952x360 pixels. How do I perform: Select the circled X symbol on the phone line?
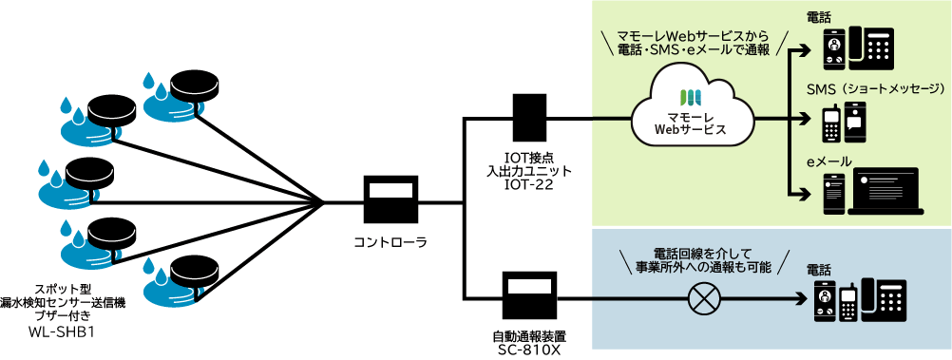[704, 300]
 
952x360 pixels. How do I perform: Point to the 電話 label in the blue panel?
[820, 269]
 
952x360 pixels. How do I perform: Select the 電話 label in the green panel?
[820, 15]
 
